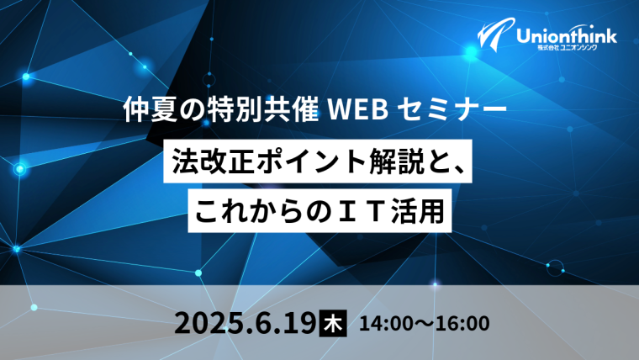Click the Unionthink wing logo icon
click(x=495, y=35)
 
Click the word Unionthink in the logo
click(x=567, y=36)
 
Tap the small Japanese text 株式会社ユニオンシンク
click(x=568, y=48)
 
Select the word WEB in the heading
click(x=358, y=110)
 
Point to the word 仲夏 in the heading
click(x=151, y=109)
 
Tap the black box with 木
click(x=333, y=323)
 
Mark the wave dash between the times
click(x=425, y=324)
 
